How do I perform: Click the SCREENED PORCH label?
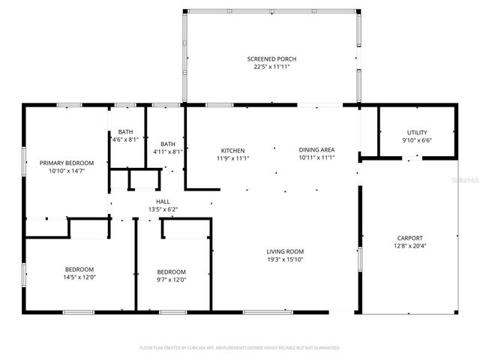point(270,58)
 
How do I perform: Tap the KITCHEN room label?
point(232,150)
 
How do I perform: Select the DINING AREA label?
point(316,150)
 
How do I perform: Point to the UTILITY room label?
point(417,132)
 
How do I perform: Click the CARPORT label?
point(409,238)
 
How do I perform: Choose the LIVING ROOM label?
point(284,252)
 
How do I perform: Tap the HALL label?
point(162,202)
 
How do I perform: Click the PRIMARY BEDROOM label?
point(67,163)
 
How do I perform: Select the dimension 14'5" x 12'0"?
point(79,277)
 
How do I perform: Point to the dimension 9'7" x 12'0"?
point(171,280)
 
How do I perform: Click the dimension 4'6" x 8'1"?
point(124,139)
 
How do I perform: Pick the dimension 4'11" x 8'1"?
point(167,151)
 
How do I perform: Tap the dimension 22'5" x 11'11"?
point(270,66)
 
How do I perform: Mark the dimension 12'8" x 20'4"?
point(409,245)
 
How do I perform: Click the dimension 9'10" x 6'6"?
point(417,139)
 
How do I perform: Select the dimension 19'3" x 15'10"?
point(284,259)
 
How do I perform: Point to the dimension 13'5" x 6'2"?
point(162,209)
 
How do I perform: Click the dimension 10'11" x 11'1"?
point(316,157)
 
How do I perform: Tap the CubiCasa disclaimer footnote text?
point(240,348)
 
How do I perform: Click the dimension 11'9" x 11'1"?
point(232,157)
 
